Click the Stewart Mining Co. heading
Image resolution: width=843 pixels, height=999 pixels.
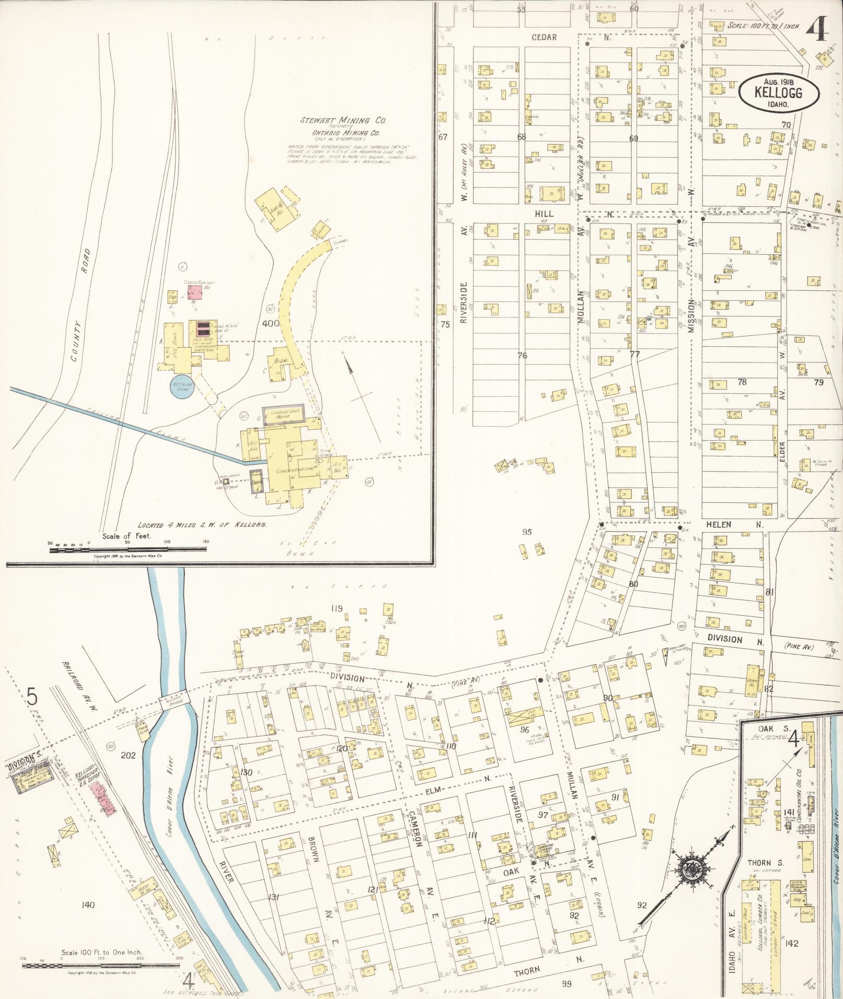click(343, 120)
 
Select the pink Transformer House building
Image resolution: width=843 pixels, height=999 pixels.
click(195, 292)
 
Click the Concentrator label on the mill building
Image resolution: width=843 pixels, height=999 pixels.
click(291, 471)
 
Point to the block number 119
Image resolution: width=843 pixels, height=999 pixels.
click(336, 608)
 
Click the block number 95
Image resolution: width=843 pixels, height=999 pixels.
click(527, 532)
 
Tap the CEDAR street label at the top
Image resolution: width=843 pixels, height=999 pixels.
click(544, 37)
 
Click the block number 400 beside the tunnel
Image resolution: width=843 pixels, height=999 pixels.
click(271, 323)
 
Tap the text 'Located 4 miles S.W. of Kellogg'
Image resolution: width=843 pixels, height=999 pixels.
click(202, 525)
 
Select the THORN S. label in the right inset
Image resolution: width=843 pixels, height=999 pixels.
click(764, 863)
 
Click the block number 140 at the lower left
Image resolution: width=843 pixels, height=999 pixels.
click(88, 904)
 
